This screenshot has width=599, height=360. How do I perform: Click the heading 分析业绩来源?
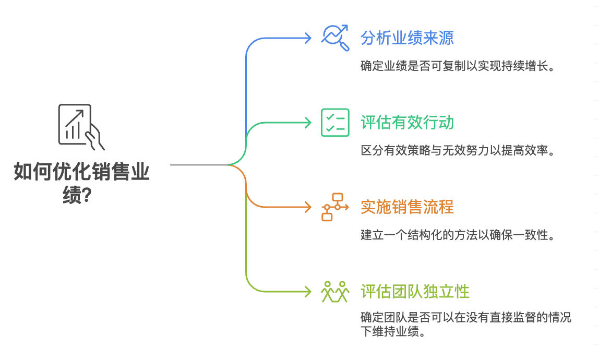coord(407,38)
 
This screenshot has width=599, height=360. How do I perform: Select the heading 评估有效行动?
coord(407,123)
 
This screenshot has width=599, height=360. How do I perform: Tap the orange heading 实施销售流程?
coord(407,207)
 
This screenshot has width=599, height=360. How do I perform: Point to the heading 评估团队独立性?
coord(415,291)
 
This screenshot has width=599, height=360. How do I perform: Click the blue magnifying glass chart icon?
coord(335,38)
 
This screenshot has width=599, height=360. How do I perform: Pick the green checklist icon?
coord(335,123)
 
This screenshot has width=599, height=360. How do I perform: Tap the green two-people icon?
coord(335,291)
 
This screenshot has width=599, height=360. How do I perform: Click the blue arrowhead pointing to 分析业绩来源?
coord(308,38)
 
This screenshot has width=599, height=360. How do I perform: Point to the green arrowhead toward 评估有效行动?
coord(308,123)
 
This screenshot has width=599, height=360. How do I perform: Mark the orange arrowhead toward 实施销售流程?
coord(308,207)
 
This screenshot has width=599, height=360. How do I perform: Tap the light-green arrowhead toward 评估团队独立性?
coord(308,291)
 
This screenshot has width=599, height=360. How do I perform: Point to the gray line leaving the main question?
coord(198,165)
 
